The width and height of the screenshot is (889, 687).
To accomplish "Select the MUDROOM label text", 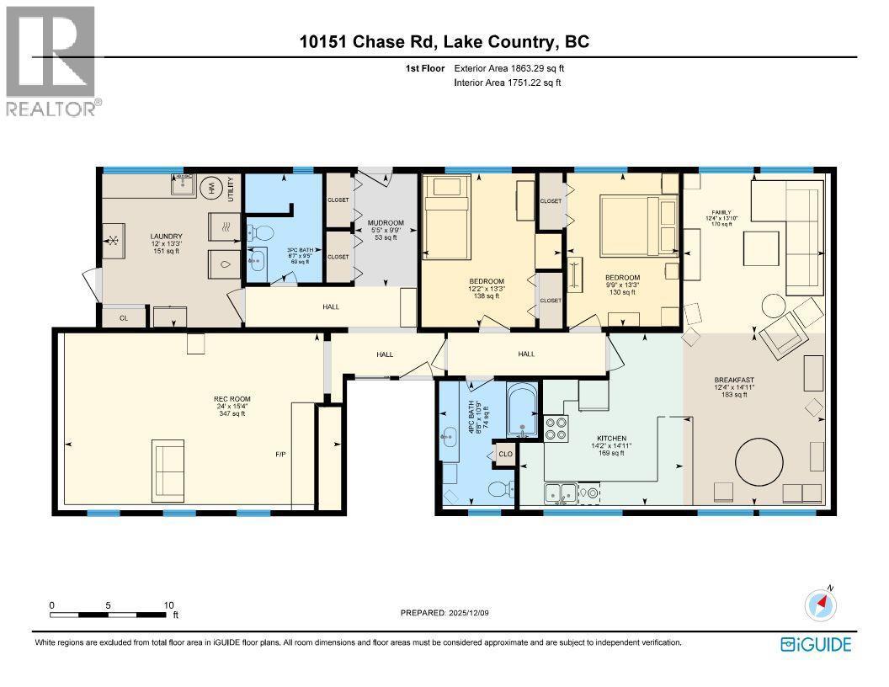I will [387, 223].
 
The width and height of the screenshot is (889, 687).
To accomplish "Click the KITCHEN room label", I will [611, 439].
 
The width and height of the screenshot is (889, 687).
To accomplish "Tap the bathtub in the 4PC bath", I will [522, 412].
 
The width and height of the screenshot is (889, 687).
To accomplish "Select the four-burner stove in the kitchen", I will [556, 429].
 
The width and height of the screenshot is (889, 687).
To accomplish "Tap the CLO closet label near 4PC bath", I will [505, 453].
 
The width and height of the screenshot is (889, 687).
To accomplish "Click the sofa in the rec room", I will [168, 470].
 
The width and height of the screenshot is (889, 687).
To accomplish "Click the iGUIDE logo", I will [816, 644].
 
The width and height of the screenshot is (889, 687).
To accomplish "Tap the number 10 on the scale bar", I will [168, 604].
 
